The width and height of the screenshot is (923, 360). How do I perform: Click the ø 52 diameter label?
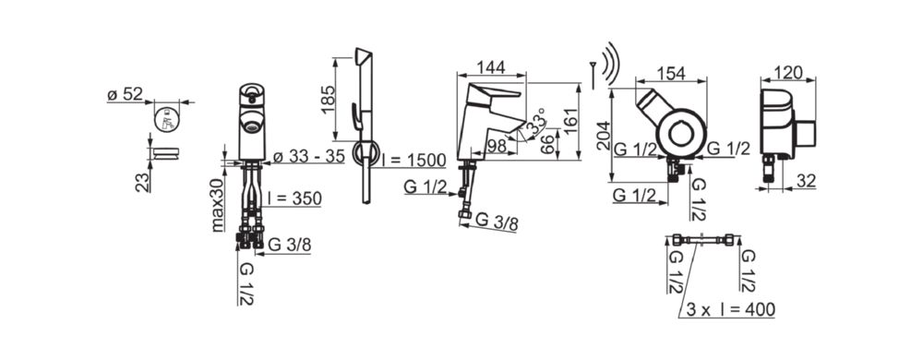click(125, 94)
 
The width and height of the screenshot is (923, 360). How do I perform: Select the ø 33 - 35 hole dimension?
click(308, 157)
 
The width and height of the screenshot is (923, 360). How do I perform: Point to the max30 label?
click(219, 204)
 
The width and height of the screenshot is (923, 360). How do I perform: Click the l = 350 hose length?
click(294, 198)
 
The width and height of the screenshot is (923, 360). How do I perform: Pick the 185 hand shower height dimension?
click(329, 98)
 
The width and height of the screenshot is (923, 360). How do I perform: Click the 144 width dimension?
click(491, 67)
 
